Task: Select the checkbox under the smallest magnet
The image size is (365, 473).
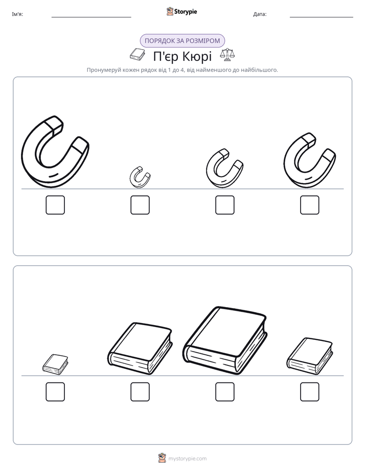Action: click(x=140, y=205)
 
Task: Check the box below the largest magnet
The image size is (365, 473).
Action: click(x=55, y=205)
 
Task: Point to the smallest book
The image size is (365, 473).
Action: click(x=55, y=364)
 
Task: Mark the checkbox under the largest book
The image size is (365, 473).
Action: click(x=224, y=392)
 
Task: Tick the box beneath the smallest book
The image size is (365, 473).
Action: click(x=55, y=392)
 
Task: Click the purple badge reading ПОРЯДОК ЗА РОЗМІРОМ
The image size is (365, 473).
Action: click(x=182, y=41)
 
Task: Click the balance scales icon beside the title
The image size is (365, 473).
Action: click(x=227, y=55)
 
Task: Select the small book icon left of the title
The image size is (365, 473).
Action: click(x=137, y=54)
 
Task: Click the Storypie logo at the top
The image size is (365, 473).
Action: click(x=181, y=11)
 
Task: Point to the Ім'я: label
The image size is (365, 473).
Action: click(x=17, y=14)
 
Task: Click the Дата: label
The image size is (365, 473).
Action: click(x=260, y=14)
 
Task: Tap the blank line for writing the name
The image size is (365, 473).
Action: click(x=91, y=17)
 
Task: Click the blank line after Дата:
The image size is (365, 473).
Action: click(x=322, y=17)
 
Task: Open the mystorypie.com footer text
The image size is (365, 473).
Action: click(x=187, y=459)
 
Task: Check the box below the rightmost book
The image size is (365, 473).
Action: click(x=310, y=392)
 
